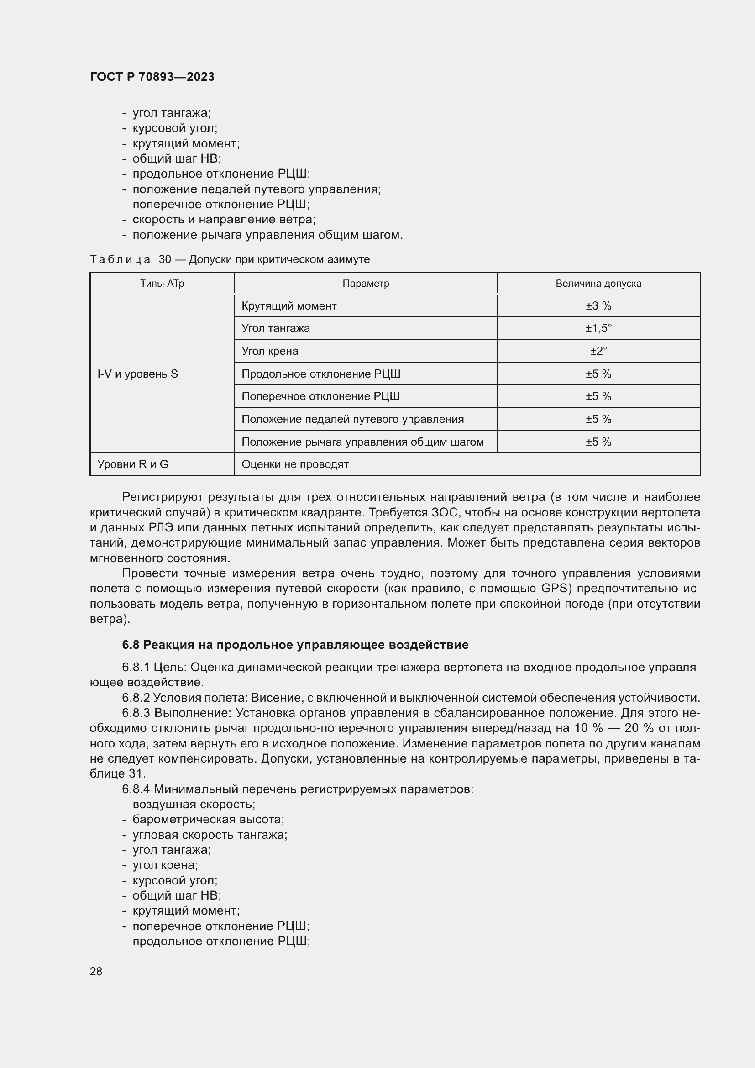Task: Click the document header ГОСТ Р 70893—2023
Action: pos(152,77)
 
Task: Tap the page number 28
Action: pos(96,971)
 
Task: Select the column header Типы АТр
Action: pos(162,283)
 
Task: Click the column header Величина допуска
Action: pos(598,283)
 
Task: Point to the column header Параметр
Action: pos(366,283)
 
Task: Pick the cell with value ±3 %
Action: pos(598,305)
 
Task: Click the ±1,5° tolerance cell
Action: pos(598,328)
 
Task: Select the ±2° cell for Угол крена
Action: pos(598,351)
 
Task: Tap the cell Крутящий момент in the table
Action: pos(288,305)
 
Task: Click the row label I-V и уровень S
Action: pos(137,374)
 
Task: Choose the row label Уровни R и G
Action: pos(132,464)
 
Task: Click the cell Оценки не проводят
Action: pos(295,464)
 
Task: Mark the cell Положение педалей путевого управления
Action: pos(352,419)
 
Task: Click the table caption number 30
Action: pos(165,259)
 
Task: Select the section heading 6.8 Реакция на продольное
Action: pos(295,645)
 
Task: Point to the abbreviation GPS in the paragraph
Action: pos(556,589)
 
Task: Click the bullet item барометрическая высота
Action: pos(208,819)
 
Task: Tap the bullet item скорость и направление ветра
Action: pos(224,220)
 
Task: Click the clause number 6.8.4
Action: pos(136,789)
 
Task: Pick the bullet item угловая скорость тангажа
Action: pos(210,835)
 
